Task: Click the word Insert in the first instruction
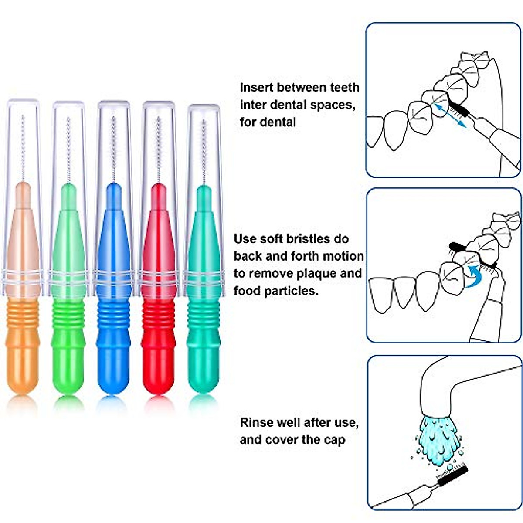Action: [x=257, y=88]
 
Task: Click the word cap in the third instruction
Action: [x=334, y=440]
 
